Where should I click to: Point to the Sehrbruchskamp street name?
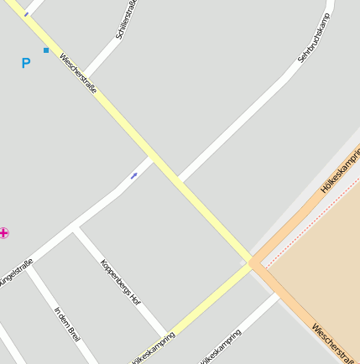click(315, 39)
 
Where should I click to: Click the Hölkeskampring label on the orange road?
click(341, 170)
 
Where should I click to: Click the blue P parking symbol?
click(25, 63)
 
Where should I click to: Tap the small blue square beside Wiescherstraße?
click(45, 50)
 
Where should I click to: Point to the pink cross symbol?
click(4, 232)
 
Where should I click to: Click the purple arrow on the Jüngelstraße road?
click(134, 175)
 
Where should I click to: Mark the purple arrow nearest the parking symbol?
click(26, 14)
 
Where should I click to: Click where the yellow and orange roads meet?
click(252, 263)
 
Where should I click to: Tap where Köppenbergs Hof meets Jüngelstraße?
click(76, 228)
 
